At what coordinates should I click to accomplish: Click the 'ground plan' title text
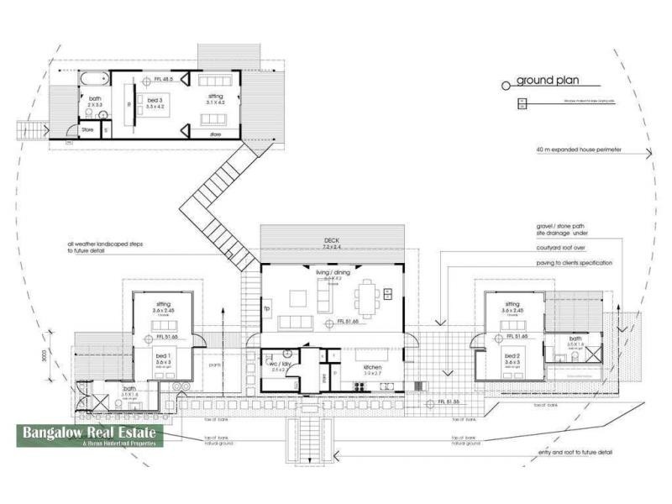[x=547, y=81]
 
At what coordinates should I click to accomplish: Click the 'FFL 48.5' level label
[x=161, y=79]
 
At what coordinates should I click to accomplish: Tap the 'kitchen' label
[x=374, y=368]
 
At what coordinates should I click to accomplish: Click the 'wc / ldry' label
[x=278, y=365]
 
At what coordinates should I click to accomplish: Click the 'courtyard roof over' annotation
[x=567, y=249]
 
